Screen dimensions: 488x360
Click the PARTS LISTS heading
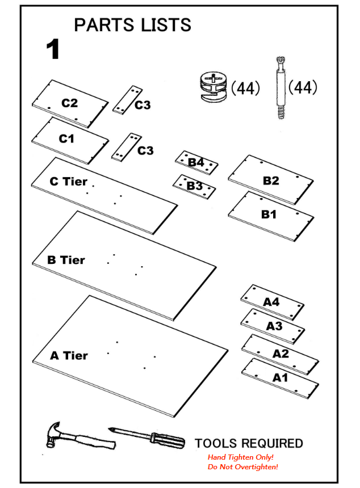pos(132,25)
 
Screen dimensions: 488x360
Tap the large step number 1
pos(53,50)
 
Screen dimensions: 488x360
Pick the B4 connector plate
pos(196,163)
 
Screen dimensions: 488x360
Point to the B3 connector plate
pos(194,186)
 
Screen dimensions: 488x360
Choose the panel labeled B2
pos(271,180)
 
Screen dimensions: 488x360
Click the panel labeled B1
pos(270,216)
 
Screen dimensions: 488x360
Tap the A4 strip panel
pos(272,302)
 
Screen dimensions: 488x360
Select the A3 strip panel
pos(273,326)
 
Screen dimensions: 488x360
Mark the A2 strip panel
pos(280,354)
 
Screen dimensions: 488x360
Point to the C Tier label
pos(68,182)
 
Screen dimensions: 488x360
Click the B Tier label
pos(66,260)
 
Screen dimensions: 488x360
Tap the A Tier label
pos(69,356)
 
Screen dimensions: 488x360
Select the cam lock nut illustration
pos(214,87)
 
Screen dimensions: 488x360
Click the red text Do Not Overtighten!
pos(242,466)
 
